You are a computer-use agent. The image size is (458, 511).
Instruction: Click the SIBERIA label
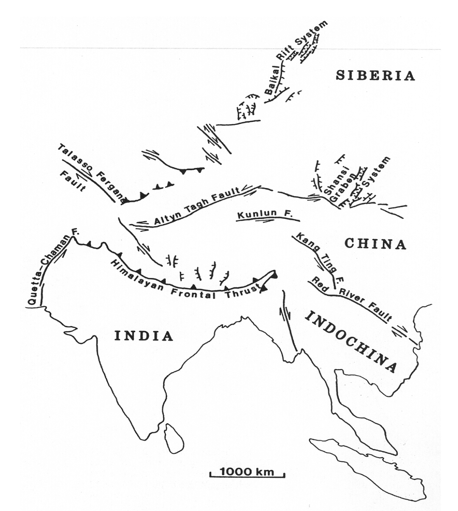click(x=375, y=76)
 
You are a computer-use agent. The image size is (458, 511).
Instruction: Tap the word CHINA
click(x=375, y=244)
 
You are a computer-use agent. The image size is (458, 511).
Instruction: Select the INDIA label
click(x=144, y=336)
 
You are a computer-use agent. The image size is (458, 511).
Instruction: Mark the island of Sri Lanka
click(x=174, y=438)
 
